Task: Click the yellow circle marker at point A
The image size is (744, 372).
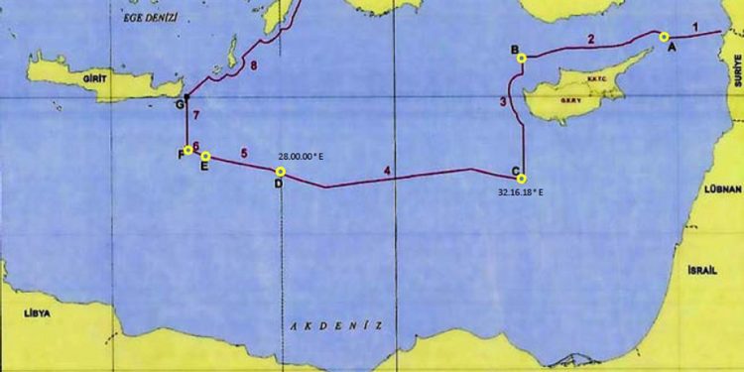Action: coord(664,37)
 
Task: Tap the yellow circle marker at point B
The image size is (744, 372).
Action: coord(522,59)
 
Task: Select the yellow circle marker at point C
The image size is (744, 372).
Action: coord(522,179)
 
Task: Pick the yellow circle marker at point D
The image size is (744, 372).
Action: coord(281,172)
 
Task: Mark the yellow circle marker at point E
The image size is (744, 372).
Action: coord(205,156)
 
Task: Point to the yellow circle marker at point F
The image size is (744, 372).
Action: coord(188,151)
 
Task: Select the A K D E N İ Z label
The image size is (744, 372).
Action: coord(335,325)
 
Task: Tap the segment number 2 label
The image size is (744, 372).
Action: coord(590,40)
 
